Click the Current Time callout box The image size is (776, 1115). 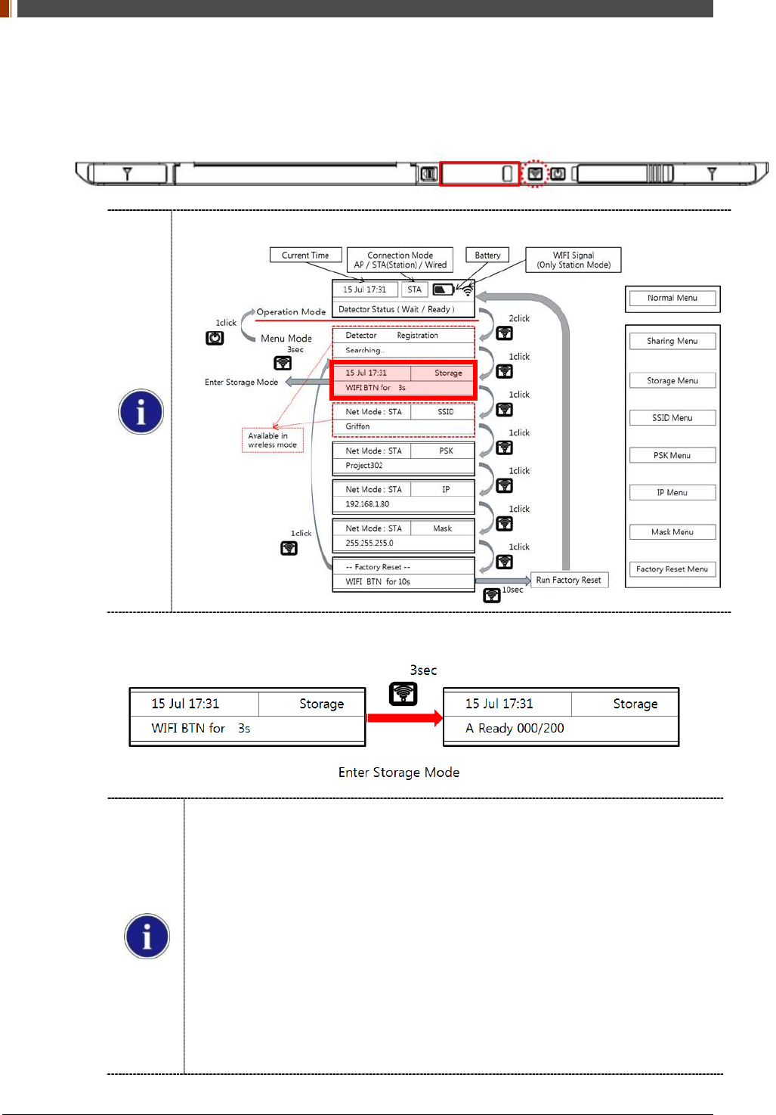coord(305,256)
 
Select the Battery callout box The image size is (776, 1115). coord(487,256)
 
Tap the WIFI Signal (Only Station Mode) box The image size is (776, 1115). coord(573,260)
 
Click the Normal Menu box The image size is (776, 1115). coord(672,299)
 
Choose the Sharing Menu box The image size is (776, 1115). coord(672,342)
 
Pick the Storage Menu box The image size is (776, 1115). coord(672,381)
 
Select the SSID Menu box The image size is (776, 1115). coord(672,418)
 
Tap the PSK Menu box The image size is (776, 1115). coord(672,456)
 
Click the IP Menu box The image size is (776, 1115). coord(672,493)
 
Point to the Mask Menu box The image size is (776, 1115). coord(672,532)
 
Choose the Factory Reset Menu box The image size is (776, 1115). coord(672,569)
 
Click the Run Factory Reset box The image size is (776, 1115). coord(569,581)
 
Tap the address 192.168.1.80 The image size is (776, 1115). coord(367,504)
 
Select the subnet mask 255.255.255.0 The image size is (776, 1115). coord(369,544)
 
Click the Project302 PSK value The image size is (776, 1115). coord(364,466)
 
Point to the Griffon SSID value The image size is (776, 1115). coord(358,427)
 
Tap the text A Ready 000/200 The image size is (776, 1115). coord(515,729)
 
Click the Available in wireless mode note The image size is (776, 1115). coord(273,441)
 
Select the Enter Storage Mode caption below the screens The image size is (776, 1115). coord(399,773)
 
